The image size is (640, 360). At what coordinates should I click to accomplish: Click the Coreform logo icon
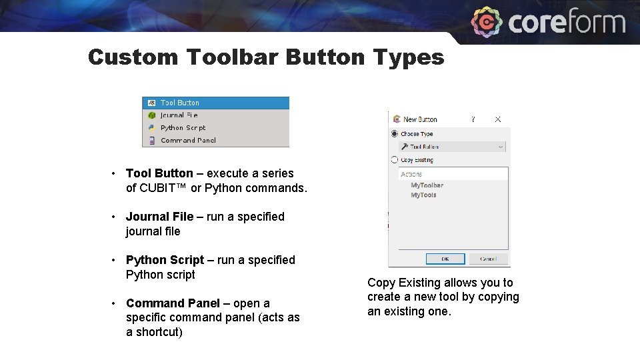click(487, 23)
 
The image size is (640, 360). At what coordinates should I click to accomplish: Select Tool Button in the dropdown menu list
click(179, 103)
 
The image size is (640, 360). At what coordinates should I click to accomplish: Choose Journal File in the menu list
click(179, 115)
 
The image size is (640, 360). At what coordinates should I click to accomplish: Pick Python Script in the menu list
click(183, 128)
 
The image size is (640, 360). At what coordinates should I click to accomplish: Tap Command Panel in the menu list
click(188, 141)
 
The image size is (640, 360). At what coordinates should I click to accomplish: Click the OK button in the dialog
click(445, 259)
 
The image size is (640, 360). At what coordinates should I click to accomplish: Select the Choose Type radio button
click(395, 134)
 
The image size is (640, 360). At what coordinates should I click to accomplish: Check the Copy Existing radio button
click(395, 160)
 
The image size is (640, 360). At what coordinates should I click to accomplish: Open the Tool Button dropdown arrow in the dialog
click(501, 147)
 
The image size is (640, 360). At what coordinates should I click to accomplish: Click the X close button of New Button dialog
click(498, 119)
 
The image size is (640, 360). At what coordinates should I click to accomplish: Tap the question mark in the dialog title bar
click(473, 119)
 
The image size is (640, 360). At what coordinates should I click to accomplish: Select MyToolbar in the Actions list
click(427, 185)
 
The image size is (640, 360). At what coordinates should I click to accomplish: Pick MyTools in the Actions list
click(423, 195)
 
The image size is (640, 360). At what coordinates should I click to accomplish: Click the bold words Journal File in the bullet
click(159, 217)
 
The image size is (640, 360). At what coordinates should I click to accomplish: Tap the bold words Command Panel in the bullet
click(173, 303)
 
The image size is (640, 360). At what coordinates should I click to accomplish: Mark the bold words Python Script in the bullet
click(165, 260)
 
